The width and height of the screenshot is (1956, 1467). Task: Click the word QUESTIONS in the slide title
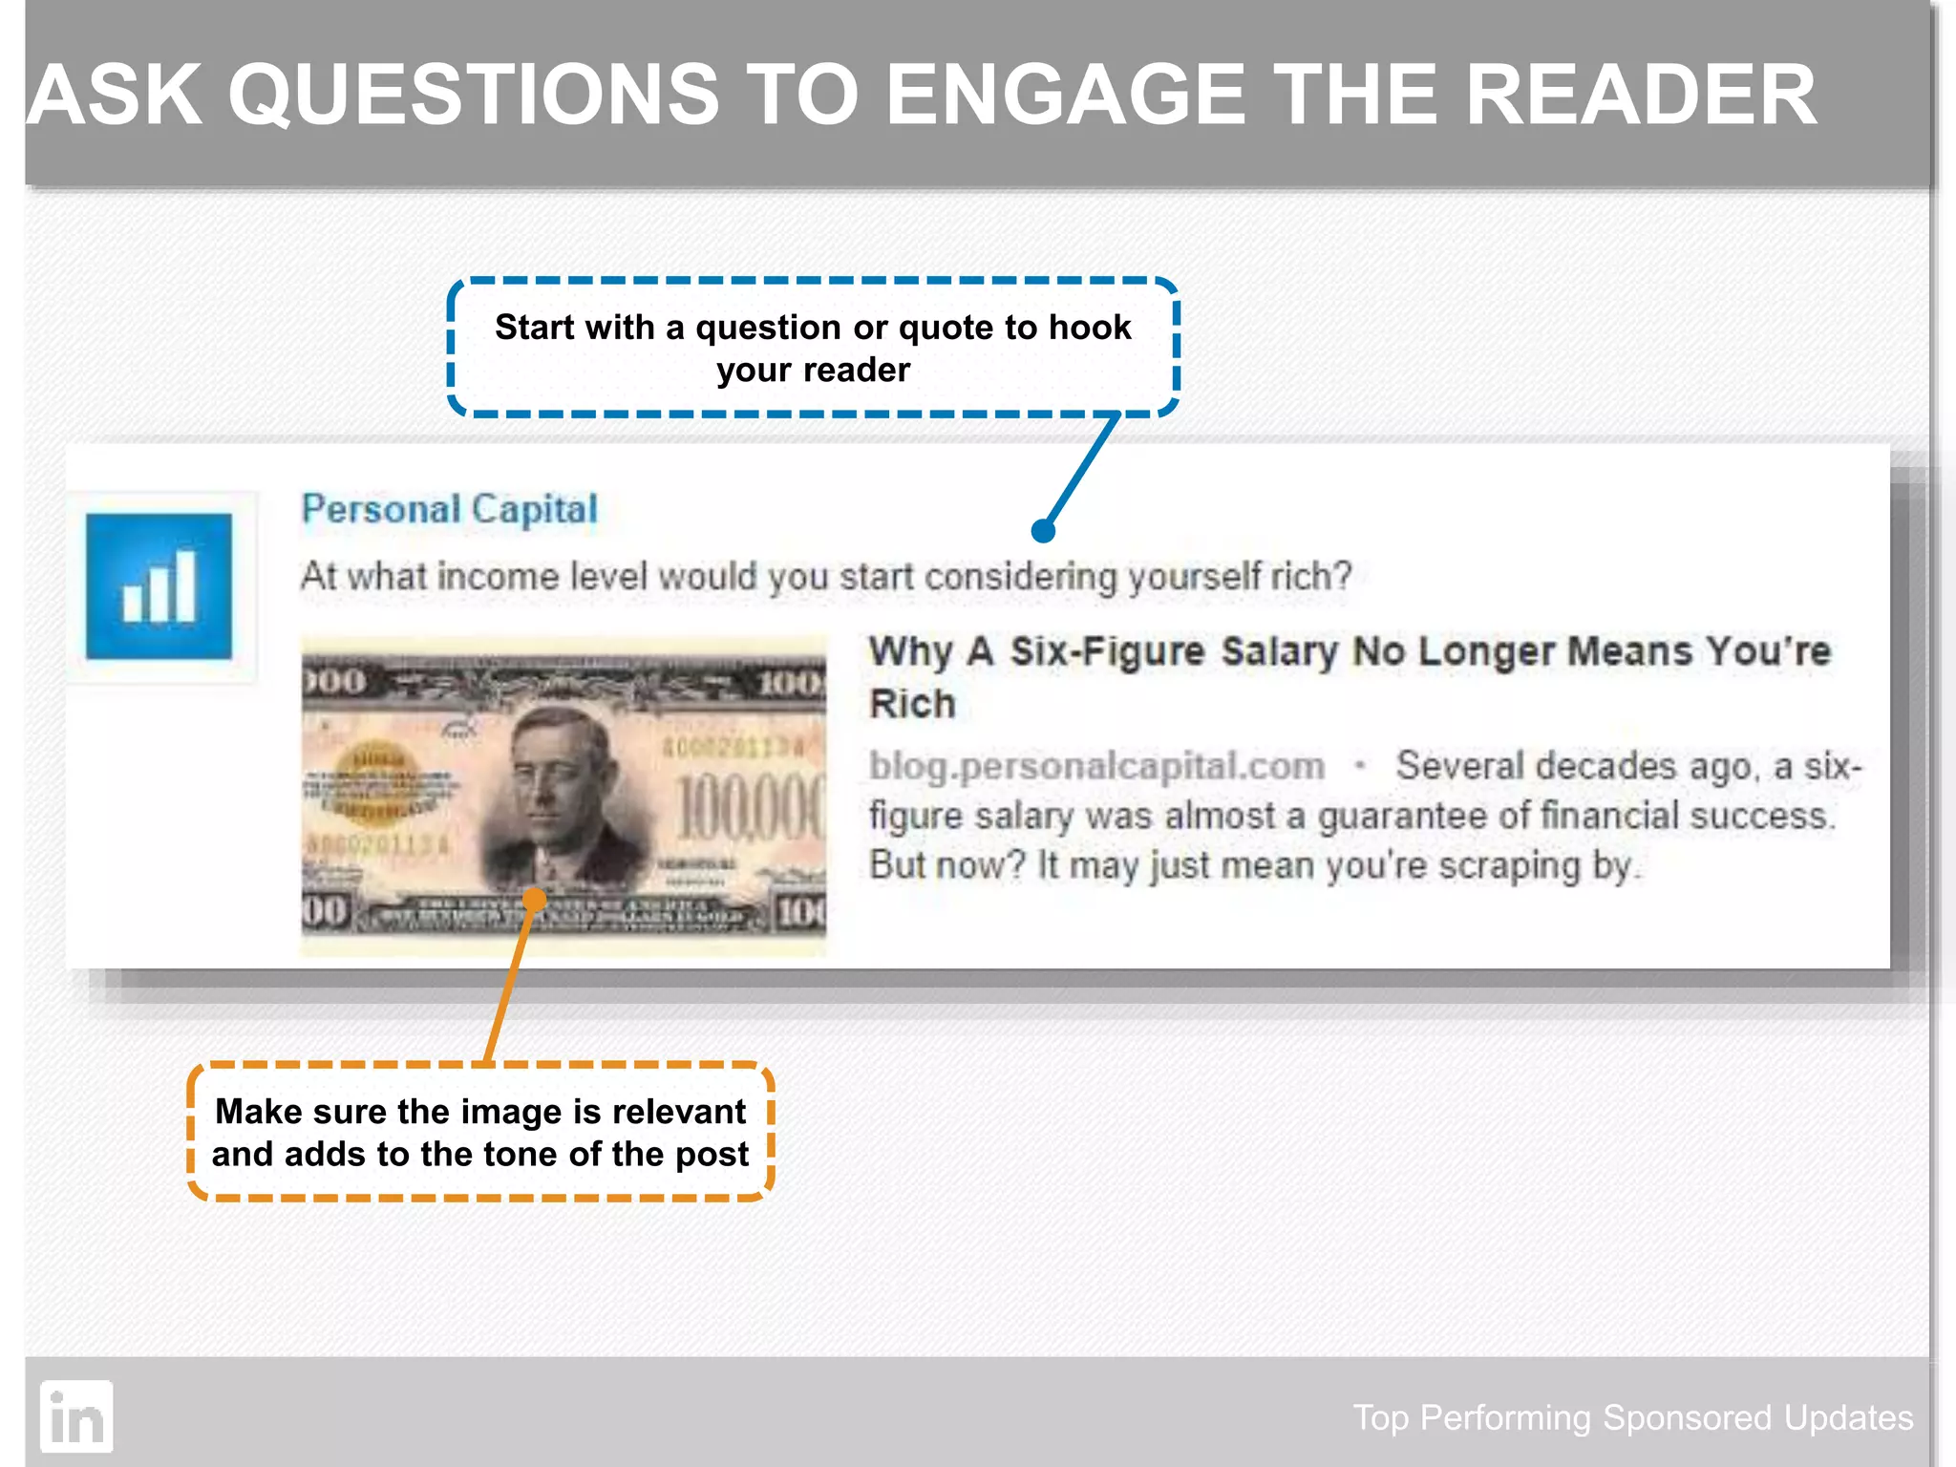click(x=473, y=96)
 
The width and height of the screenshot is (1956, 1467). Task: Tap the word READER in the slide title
click(x=1640, y=96)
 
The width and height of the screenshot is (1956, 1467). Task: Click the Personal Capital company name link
click(x=449, y=509)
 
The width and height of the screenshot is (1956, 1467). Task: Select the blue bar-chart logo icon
click(x=159, y=586)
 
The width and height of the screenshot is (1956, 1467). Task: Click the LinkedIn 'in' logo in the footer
click(x=76, y=1417)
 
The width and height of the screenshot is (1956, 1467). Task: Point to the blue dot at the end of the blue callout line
click(x=1043, y=531)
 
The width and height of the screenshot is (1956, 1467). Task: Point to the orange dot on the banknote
click(x=535, y=899)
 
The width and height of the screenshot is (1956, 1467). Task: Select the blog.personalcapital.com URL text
click(x=1096, y=766)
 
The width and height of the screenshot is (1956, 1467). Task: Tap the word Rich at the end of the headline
click(x=912, y=704)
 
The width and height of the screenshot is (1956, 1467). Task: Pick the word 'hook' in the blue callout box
click(x=1090, y=328)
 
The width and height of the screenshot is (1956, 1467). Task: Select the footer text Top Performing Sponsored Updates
click(x=1632, y=1417)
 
